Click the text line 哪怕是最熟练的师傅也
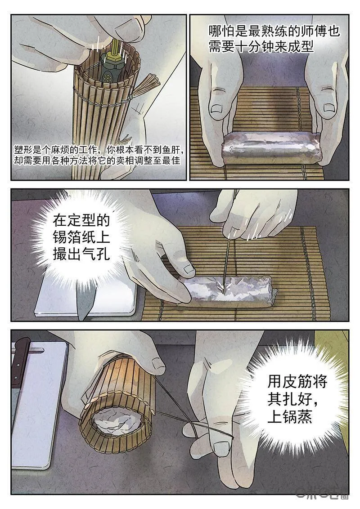274,31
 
